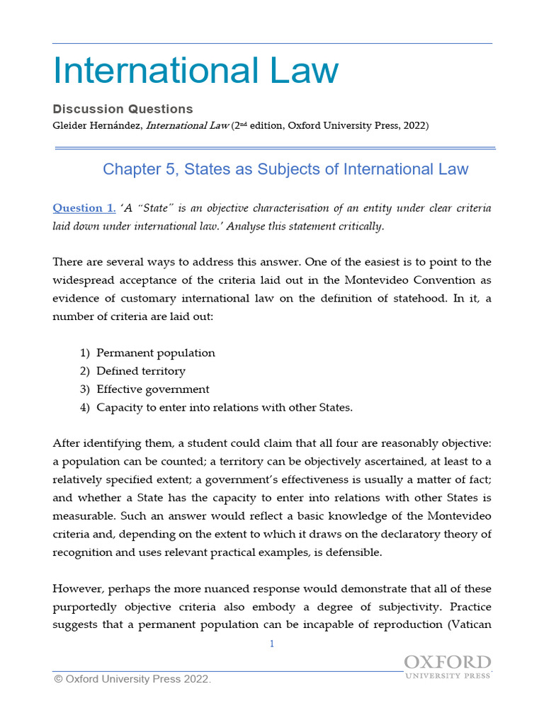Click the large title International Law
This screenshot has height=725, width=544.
pyautogui.click(x=196, y=71)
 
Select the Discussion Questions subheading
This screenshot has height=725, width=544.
pyautogui.click(x=123, y=109)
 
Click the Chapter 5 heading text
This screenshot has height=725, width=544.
pyautogui.click(x=285, y=169)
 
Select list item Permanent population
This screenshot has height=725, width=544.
pyautogui.click(x=156, y=353)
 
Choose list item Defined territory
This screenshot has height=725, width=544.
pyautogui.click(x=141, y=371)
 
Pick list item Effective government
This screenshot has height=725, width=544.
pyautogui.click(x=153, y=389)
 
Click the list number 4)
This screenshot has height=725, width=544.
pyautogui.click(x=85, y=408)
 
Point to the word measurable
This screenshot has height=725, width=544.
pyautogui.click(x=82, y=516)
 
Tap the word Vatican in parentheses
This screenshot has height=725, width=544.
pyautogui.click(x=470, y=626)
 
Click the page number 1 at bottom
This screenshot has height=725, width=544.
pyautogui.click(x=272, y=644)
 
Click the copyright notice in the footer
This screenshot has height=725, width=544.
pyautogui.click(x=132, y=680)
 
